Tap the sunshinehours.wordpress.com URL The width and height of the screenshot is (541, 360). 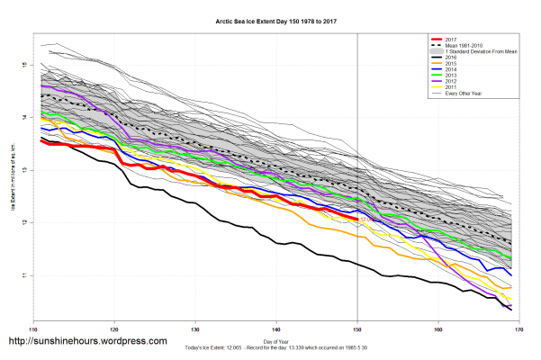(x=87, y=342)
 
